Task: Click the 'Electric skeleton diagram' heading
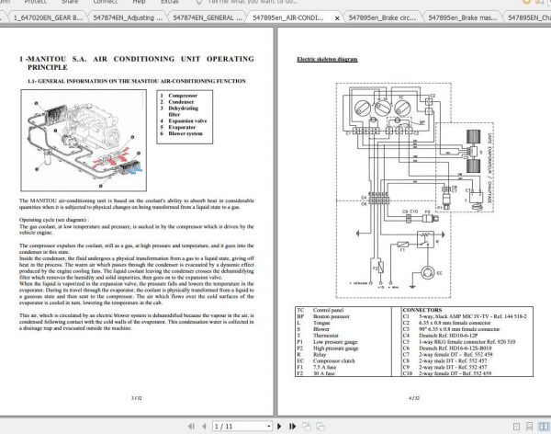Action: (x=327, y=59)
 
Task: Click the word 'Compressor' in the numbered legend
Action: (x=183, y=95)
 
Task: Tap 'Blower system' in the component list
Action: (x=186, y=133)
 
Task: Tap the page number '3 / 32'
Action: (x=136, y=397)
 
